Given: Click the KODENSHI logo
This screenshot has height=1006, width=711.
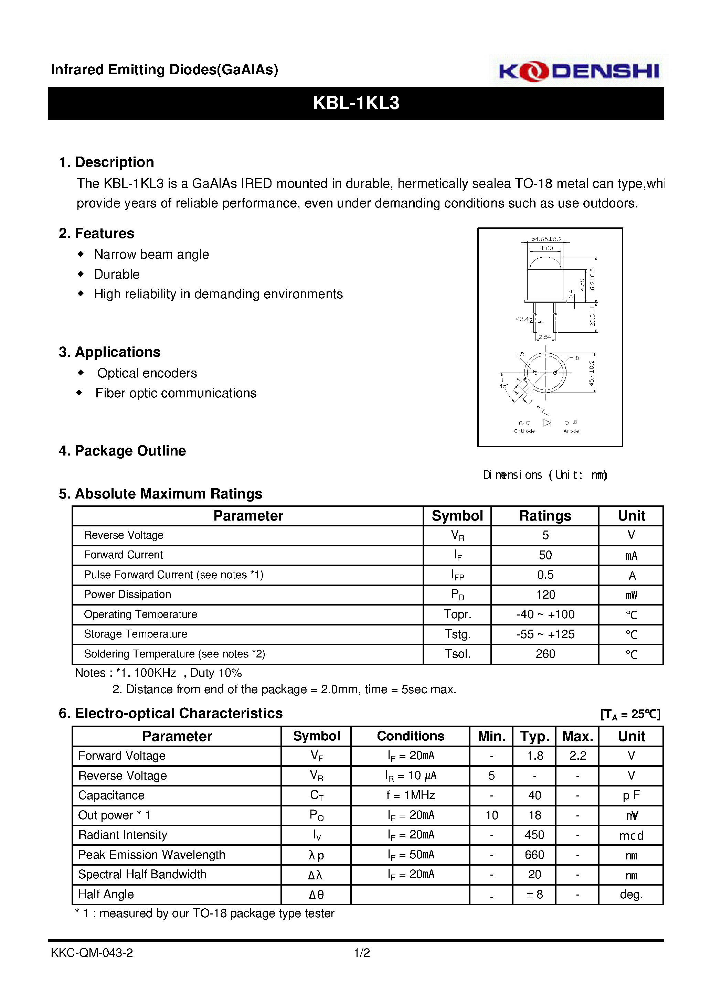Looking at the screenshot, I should [578, 71].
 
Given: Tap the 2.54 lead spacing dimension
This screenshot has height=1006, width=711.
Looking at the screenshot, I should [544, 337].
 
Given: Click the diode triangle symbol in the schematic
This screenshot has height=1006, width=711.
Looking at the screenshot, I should [546, 422].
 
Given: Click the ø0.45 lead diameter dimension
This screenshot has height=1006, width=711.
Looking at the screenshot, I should [524, 319].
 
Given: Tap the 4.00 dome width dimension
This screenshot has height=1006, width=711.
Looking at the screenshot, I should [546, 248].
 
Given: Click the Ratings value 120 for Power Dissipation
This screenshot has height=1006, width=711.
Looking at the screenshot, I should [545, 595].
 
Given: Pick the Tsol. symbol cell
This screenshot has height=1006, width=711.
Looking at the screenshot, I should [457, 654].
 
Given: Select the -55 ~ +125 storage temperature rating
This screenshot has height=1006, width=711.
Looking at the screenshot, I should [545, 634].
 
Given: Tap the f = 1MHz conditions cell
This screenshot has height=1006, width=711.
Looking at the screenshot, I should [410, 795].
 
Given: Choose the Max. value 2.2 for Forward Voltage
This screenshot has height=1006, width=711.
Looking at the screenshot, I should [577, 756].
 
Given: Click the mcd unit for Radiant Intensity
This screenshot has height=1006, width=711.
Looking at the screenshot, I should [631, 836].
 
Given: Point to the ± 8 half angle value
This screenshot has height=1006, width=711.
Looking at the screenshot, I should [534, 894].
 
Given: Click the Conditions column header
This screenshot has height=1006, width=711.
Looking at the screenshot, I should [410, 736].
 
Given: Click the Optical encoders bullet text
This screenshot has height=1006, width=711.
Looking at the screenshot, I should [147, 373].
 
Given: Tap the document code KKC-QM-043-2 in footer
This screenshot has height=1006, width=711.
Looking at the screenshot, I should [92, 953].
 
